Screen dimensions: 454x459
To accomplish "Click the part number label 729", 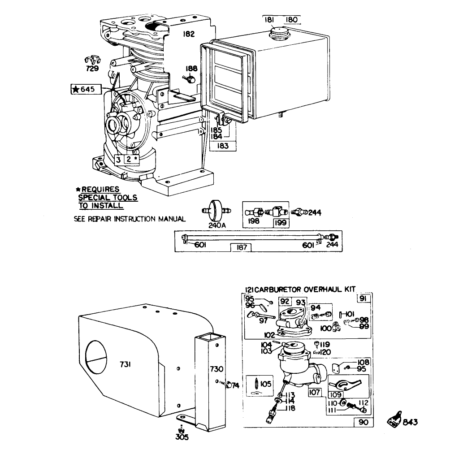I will [x=93, y=69].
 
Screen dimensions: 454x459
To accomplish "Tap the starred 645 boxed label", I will [x=83, y=89].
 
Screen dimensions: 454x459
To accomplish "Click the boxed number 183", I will [x=222, y=146].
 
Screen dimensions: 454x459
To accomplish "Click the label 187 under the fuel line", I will [x=241, y=247].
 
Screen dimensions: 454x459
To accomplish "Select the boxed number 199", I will [x=281, y=221].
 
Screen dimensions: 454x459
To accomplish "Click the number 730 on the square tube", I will [x=217, y=369].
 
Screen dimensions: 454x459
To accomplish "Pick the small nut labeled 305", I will [x=180, y=429].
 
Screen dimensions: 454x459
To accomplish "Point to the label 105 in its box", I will [x=265, y=384].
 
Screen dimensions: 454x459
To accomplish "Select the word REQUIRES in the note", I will [x=100, y=189].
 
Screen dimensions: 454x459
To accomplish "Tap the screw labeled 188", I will [x=189, y=79].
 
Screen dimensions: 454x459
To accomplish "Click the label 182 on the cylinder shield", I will [x=189, y=34].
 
